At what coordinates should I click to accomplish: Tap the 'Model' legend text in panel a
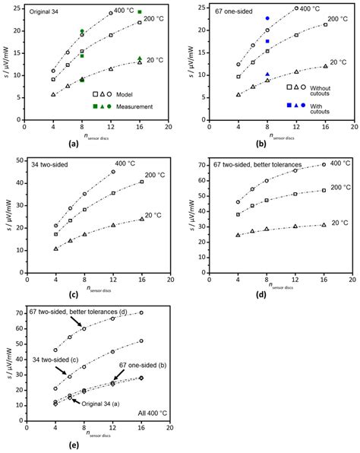[135, 93]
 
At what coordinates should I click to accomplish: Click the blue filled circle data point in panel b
[267, 18]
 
